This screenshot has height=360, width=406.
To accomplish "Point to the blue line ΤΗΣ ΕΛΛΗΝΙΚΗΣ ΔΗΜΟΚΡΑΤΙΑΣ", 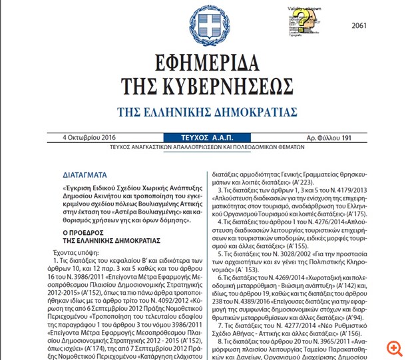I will [204, 111].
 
